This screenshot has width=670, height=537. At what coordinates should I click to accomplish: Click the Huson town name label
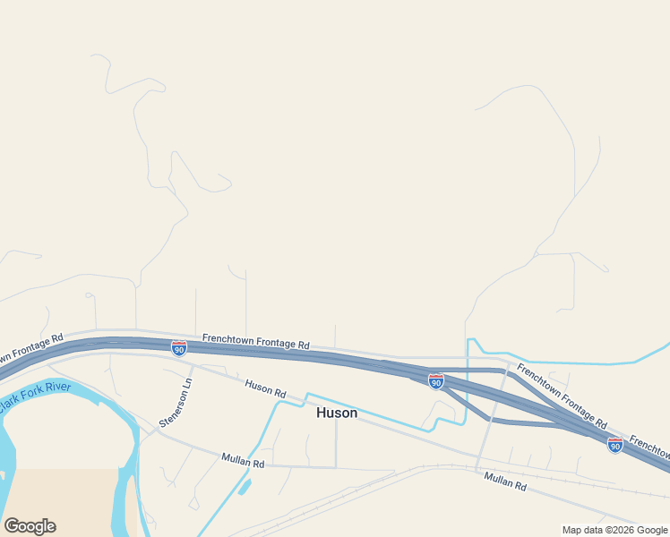(x=337, y=413)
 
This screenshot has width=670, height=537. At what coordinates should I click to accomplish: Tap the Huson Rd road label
(x=265, y=389)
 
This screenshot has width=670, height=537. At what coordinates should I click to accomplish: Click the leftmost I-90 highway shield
(x=179, y=347)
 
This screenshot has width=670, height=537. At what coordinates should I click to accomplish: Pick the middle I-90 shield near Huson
(x=436, y=382)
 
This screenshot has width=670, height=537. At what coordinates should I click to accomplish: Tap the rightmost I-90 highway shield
(x=614, y=445)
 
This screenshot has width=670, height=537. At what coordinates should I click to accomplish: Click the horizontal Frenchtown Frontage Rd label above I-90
(x=255, y=341)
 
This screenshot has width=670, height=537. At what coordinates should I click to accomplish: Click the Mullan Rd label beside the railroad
(x=505, y=482)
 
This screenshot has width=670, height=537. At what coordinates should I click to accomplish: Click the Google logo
(x=30, y=525)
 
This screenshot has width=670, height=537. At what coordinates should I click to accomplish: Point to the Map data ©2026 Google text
(x=614, y=530)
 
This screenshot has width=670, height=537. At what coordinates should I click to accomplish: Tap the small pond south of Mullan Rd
(x=245, y=488)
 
